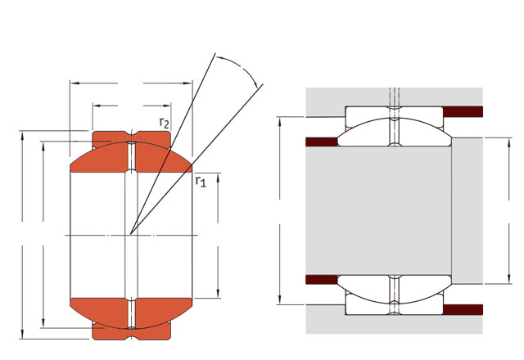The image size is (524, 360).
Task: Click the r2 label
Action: tap(164, 123)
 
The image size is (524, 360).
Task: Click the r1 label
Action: tap(201, 182)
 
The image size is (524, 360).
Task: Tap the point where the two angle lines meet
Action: tap(131, 234)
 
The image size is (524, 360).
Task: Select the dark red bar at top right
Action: tap(463, 112)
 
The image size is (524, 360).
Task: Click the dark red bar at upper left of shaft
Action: tap(322, 142)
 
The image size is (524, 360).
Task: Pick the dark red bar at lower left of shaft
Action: tap(322, 280)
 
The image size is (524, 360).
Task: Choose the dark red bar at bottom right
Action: tap(463, 309)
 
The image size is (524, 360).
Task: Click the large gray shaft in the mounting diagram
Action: tap(378, 210)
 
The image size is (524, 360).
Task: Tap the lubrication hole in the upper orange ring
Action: tap(132, 156)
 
